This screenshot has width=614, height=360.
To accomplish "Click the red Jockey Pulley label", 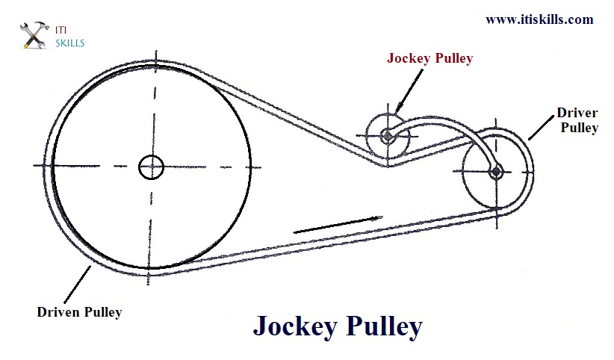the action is (430, 58).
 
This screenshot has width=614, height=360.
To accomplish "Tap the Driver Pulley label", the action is (577, 120).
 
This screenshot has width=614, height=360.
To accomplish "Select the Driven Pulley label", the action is (79, 312).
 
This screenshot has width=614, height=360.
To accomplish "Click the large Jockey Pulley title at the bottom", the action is (338, 326).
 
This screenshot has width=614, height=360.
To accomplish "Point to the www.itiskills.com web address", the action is (539, 19).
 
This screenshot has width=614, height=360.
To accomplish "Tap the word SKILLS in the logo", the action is (70, 43).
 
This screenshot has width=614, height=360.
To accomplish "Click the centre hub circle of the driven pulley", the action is (152, 167).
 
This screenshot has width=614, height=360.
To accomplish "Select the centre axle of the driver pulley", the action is (495, 173).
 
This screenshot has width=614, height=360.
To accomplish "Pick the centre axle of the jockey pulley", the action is (388, 135).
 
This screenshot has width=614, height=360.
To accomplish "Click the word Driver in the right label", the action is (577, 114).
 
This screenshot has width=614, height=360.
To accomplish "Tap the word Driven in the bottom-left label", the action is (58, 312).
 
